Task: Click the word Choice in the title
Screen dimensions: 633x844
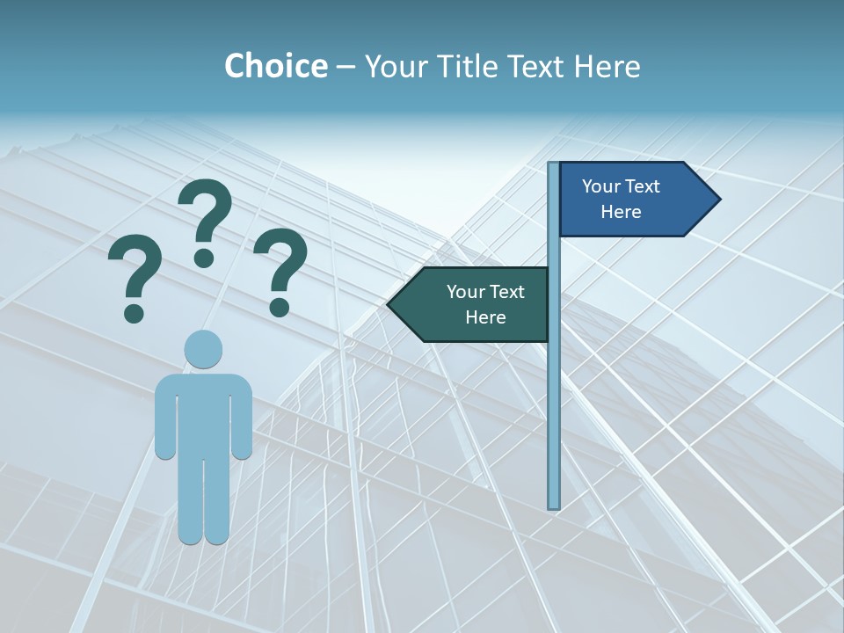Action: click(275, 66)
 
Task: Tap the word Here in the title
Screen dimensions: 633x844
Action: click(607, 66)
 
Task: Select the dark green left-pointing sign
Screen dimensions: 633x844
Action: click(475, 304)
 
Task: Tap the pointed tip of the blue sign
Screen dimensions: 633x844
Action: click(717, 200)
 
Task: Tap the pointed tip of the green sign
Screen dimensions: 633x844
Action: click(390, 305)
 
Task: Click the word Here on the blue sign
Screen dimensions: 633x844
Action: click(621, 212)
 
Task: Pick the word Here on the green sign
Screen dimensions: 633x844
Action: click(485, 317)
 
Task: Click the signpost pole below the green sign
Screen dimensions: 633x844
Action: click(554, 422)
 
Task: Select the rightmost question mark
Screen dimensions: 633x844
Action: click(280, 268)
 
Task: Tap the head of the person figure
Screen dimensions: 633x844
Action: click(203, 349)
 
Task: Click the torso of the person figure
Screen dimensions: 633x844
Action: click(203, 413)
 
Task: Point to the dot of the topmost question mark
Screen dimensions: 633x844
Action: click(204, 257)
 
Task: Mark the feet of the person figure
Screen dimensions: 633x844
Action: click(204, 535)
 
